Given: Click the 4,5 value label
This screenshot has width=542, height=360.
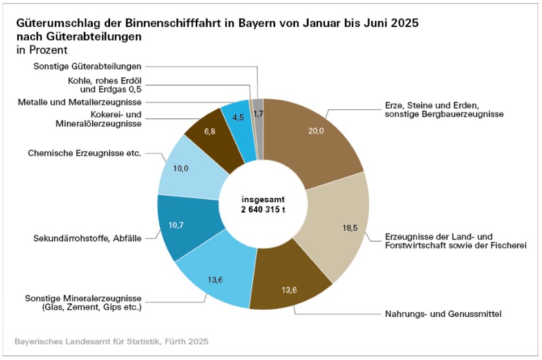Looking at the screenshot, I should (237, 117).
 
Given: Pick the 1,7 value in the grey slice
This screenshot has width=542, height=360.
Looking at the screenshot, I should (258, 114).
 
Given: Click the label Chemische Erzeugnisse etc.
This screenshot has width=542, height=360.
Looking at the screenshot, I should (84, 153).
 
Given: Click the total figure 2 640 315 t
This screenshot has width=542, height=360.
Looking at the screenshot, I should (262, 210).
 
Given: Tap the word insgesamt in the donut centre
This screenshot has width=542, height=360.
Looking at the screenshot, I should (262, 199).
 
